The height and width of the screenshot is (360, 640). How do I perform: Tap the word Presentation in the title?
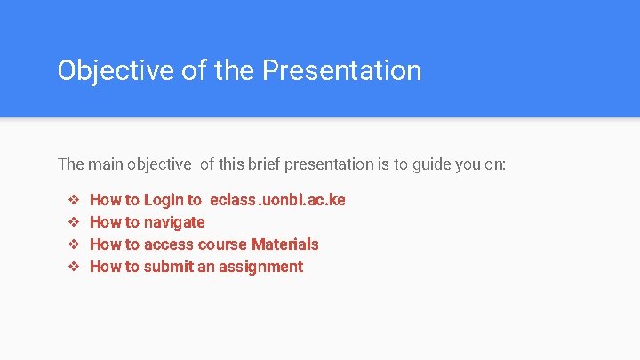(342, 70)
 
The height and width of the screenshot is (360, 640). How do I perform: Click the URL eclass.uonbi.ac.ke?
(277, 200)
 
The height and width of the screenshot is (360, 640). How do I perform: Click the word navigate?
(174, 222)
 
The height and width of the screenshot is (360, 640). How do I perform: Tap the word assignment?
(260, 267)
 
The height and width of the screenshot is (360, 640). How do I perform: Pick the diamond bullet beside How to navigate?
(73, 222)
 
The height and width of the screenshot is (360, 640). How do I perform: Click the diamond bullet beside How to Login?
(73, 200)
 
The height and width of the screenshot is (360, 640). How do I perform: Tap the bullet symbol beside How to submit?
(73, 267)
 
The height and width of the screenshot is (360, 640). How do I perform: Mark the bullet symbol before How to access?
(73, 244)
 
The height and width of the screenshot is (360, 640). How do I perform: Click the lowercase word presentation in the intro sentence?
(337, 164)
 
